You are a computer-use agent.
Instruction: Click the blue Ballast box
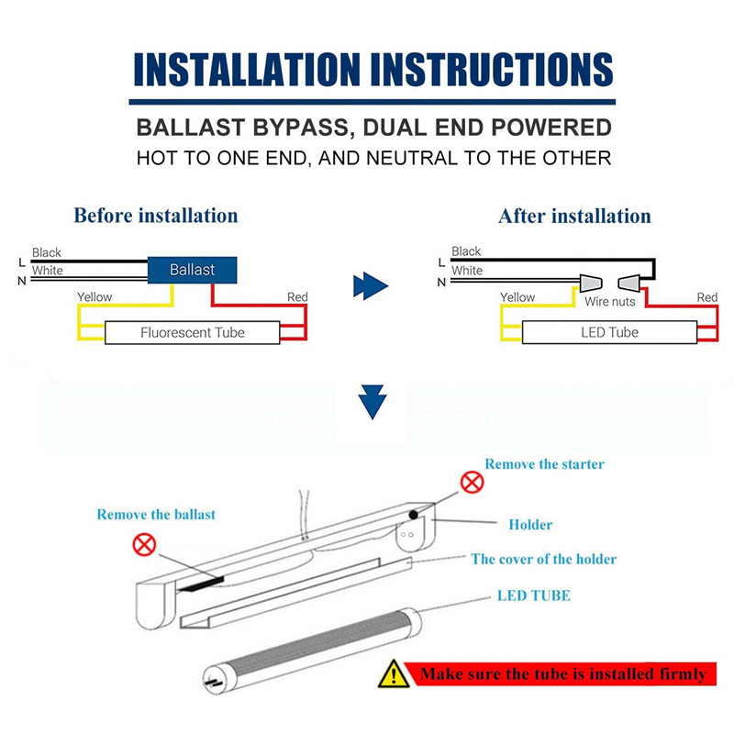pos(193,269)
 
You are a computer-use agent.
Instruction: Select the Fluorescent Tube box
pos(193,332)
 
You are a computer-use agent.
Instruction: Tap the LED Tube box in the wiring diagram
pos(609,332)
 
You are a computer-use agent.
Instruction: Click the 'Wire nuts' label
pos(609,301)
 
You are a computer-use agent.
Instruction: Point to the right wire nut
pos(629,281)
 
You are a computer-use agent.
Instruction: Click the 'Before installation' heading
pos(156,216)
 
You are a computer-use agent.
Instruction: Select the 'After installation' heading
pos(574,217)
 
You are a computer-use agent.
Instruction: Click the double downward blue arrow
pos(372,402)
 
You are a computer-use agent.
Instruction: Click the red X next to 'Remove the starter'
pos(472,482)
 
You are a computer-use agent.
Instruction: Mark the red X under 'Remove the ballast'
pos(144,545)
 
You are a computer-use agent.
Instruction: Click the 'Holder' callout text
pos(530,525)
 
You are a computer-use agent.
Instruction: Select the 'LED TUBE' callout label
pos(533,595)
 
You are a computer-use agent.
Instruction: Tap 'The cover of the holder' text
pos(543,559)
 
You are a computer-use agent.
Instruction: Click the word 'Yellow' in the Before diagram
pos(95,297)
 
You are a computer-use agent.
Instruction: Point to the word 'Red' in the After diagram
pos(706,297)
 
